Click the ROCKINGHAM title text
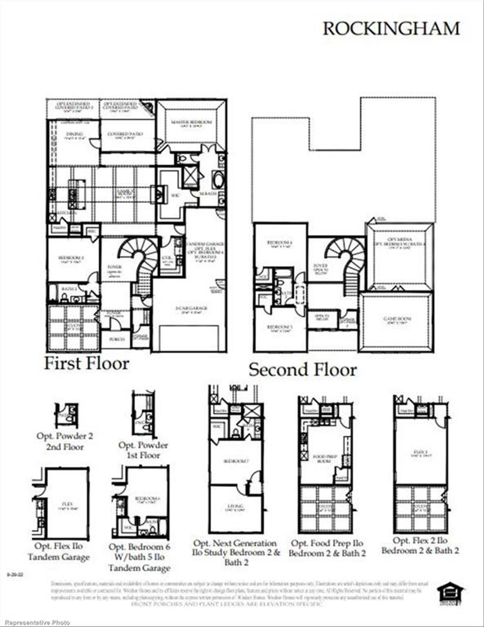(391, 29)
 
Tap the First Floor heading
(87, 363)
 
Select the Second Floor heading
(302, 369)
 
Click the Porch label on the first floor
(117, 339)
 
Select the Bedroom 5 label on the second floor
(280, 327)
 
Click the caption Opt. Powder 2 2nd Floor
(65, 441)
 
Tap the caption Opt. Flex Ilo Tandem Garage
(59, 551)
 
